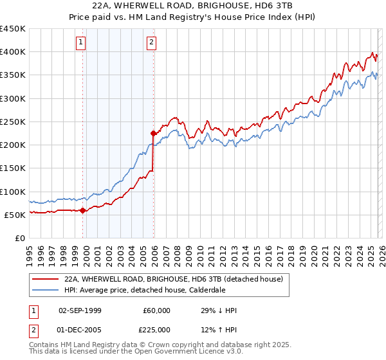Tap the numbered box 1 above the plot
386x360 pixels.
(81, 43)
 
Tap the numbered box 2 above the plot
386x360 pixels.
(151, 43)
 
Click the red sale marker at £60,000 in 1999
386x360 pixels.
(83, 210)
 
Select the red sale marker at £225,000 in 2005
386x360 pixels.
(154, 134)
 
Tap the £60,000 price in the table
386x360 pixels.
(157, 310)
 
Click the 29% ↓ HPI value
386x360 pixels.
(219, 310)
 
